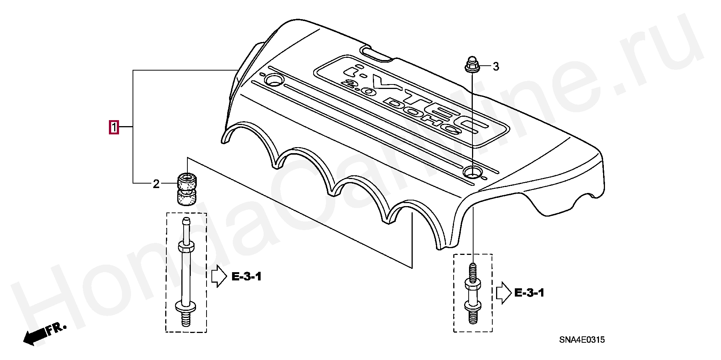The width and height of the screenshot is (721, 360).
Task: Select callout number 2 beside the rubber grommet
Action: [156, 184]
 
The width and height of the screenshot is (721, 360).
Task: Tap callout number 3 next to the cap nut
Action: [496, 67]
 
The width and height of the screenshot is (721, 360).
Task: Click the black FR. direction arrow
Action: [35, 335]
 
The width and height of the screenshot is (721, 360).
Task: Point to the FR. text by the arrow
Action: [56, 329]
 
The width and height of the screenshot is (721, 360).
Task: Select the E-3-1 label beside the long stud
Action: [246, 277]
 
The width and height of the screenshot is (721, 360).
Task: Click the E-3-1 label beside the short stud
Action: [529, 293]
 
